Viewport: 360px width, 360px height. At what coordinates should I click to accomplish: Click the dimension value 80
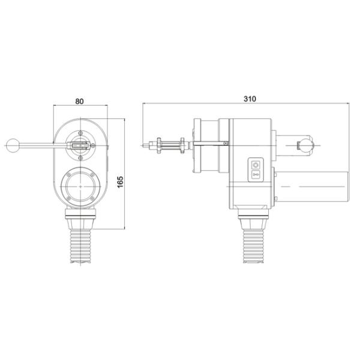point(79,101)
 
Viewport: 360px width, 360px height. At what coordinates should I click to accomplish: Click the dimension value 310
point(247,98)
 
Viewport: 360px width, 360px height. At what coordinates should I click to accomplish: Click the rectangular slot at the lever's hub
point(80,145)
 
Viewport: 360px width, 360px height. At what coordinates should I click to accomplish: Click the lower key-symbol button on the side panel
point(256,175)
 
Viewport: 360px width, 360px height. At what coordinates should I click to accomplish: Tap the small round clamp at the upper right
point(307,144)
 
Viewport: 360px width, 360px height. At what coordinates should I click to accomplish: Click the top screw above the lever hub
point(80,131)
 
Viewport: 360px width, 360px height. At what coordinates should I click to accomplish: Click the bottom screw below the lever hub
point(80,158)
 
